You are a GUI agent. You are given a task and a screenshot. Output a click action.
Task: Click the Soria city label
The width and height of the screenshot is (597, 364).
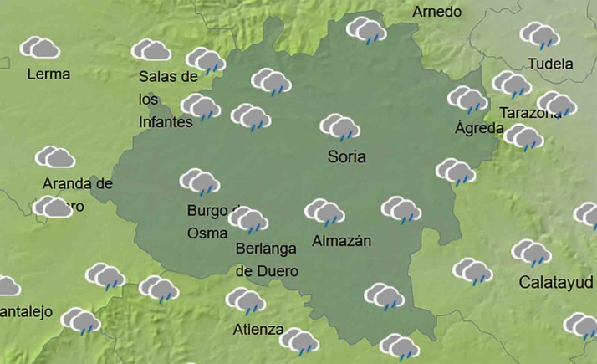click(347, 156)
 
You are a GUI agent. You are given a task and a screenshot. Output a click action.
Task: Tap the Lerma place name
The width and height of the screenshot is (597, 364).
click(48, 74)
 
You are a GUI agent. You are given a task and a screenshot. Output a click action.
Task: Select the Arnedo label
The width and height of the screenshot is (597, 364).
click(436, 12)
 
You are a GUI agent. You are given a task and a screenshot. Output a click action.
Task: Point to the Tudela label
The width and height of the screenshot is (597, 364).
click(551, 64)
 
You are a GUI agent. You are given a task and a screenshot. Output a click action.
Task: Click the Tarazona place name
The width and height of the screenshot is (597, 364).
click(528, 113)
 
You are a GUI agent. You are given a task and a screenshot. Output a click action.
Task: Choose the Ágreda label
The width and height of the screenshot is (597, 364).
click(479, 128)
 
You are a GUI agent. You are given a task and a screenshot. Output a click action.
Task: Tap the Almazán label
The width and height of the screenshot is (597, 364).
click(340, 241)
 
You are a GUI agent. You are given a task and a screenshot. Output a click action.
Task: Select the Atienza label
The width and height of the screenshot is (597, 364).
click(258, 329)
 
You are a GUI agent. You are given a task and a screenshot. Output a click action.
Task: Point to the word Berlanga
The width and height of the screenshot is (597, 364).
click(267, 249)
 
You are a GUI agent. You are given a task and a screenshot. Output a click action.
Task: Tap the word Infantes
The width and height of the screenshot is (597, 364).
click(166, 121)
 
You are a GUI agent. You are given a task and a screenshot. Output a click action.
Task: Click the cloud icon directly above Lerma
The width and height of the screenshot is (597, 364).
click(39, 48)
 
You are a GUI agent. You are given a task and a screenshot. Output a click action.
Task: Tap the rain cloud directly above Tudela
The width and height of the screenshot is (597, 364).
click(539, 35)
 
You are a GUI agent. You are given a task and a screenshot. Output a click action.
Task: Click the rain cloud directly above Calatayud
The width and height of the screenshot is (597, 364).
click(531, 252)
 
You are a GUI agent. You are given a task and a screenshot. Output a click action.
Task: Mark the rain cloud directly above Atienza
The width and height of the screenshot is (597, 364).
click(245, 300)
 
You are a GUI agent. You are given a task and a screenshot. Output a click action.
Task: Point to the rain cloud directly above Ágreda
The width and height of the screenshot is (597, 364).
click(467, 99)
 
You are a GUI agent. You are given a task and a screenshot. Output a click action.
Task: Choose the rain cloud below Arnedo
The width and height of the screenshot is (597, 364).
click(366, 32)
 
